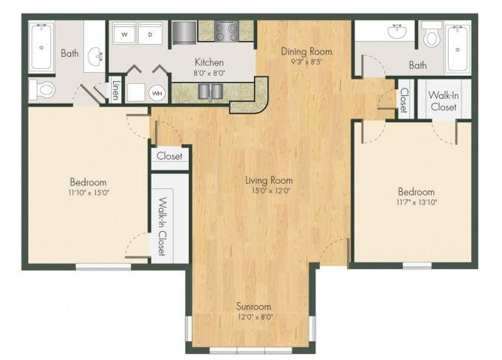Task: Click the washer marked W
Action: [x=124, y=34]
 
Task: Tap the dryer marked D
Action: [x=150, y=34]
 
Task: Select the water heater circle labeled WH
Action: [x=157, y=93]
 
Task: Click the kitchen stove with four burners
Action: [x=227, y=31]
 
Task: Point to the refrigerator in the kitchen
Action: [x=184, y=32]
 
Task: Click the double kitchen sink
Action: [x=211, y=91]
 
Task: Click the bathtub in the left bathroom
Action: [x=41, y=46]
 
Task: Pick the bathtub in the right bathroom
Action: [x=458, y=49]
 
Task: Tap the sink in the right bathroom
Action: [x=397, y=31]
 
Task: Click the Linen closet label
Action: [x=116, y=89]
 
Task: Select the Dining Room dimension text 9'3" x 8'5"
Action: [x=306, y=62]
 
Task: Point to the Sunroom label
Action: [x=253, y=307]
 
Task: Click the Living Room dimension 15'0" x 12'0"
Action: [x=270, y=191]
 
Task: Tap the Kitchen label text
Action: [x=209, y=62]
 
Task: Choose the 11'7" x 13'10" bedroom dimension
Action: [x=416, y=202]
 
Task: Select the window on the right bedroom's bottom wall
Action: [x=417, y=265]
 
